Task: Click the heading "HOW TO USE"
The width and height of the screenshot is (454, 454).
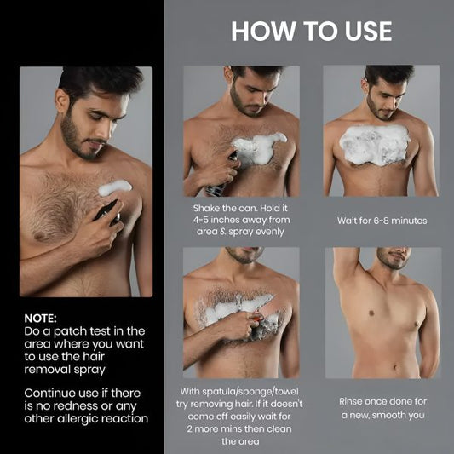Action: tap(312, 32)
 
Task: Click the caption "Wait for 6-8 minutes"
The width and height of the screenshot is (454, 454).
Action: tap(382, 221)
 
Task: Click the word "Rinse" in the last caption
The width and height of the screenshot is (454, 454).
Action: tap(357, 401)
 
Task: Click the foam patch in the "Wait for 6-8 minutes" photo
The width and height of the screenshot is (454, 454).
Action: tap(375, 145)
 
